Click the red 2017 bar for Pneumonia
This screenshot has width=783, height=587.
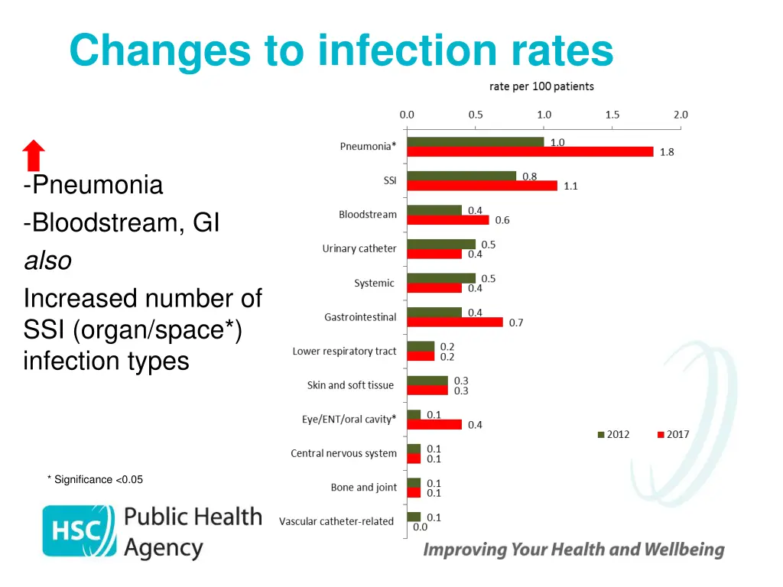click(x=530, y=151)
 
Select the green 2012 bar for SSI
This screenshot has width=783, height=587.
click(x=461, y=176)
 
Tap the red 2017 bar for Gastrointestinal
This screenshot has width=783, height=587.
click(x=455, y=322)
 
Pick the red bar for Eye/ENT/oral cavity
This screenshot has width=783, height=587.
click(x=434, y=424)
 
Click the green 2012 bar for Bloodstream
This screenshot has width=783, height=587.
click(x=434, y=210)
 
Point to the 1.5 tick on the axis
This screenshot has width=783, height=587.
click(x=612, y=115)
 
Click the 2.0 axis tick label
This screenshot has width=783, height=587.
click(x=681, y=115)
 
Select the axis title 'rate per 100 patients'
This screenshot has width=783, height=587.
click(x=541, y=86)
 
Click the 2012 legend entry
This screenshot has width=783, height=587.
click(x=613, y=434)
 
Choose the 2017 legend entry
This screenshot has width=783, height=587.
click(x=673, y=434)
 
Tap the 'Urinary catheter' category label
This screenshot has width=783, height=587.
click(x=359, y=248)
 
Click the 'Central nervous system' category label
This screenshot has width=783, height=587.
click(x=343, y=453)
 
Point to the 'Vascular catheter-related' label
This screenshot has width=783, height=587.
click(x=336, y=521)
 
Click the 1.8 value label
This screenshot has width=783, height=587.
click(x=667, y=152)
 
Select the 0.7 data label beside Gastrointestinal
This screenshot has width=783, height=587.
click(x=516, y=323)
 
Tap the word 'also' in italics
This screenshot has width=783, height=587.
click(x=47, y=261)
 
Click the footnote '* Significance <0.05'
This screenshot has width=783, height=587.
click(x=95, y=479)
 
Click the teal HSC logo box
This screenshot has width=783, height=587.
click(x=79, y=530)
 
